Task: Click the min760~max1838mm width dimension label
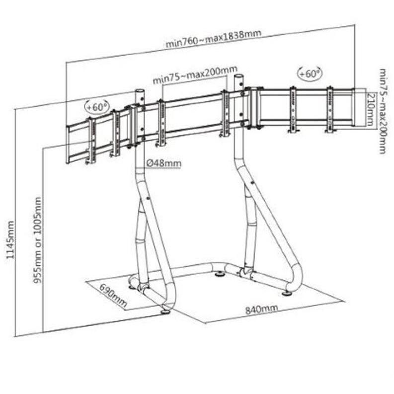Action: [x=213, y=38]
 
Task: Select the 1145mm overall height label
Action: [x=10, y=239]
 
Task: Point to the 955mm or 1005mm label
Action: [x=37, y=240]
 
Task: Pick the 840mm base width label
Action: [x=261, y=309]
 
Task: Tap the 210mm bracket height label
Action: [x=371, y=109]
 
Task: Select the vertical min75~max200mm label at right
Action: [x=382, y=111]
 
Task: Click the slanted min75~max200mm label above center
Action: [x=195, y=75]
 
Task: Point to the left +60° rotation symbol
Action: [x=97, y=106]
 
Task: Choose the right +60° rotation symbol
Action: [x=310, y=74]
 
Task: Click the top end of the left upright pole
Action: [x=140, y=91]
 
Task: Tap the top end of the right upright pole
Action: [x=239, y=76]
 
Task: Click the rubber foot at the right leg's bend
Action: [x=286, y=293]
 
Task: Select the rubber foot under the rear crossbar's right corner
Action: [x=221, y=273]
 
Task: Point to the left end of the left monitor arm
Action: [x=68, y=145]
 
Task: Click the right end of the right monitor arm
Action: [x=353, y=107]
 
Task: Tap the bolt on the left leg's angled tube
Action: [x=148, y=198]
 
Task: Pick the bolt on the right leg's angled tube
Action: [x=252, y=183]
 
